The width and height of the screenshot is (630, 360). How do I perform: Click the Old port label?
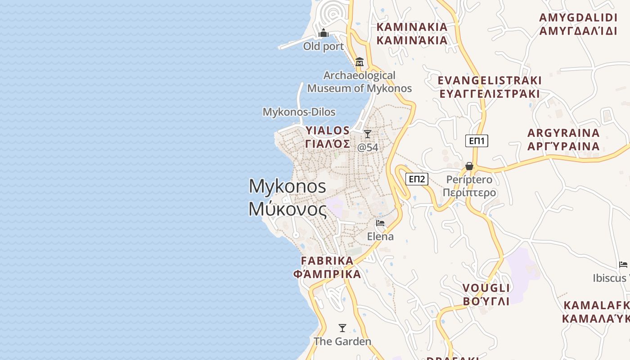[323, 46]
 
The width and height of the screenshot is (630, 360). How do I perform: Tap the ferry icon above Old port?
[323, 33]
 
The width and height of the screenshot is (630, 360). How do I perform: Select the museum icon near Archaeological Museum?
[359, 62]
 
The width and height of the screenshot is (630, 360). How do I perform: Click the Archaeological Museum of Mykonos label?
[360, 82]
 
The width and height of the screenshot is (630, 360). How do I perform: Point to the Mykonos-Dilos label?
[299, 112]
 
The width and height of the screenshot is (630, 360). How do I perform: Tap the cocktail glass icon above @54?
[368, 134]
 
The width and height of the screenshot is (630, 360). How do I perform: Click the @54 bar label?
[368, 147]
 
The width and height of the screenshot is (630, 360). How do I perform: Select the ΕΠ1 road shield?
[477, 141]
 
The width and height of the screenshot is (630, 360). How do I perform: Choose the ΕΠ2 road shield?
[416, 179]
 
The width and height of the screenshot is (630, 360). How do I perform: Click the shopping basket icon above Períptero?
[469, 166]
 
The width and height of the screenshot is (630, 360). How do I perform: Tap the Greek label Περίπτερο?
[469, 193]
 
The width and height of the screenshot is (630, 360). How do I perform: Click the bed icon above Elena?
[380, 223]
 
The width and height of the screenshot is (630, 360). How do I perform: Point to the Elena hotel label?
[380, 236]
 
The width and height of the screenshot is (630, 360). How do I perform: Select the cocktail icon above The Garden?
[342, 328]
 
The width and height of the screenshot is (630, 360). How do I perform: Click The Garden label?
[342, 342]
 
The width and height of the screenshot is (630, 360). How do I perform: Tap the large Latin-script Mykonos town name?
[287, 186]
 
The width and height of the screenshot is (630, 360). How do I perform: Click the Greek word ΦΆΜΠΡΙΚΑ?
[327, 274]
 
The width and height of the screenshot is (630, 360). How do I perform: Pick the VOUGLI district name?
[486, 288]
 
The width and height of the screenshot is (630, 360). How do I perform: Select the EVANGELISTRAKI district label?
[490, 81]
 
